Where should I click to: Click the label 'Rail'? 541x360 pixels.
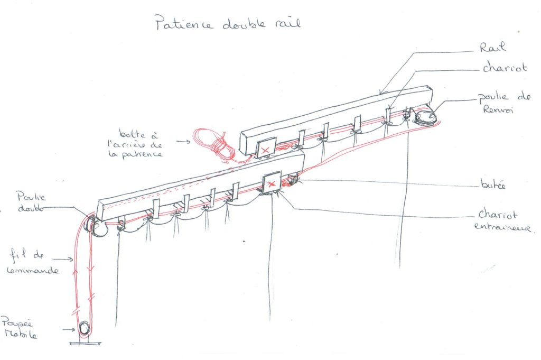point(493,48)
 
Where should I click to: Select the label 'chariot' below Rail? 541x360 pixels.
point(505,69)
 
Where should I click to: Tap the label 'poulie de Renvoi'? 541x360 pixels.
point(502,104)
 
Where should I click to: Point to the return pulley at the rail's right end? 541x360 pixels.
point(426,116)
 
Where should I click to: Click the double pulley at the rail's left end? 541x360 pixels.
point(96,226)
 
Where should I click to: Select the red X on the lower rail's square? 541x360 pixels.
point(272,183)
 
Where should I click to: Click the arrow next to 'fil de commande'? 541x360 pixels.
point(64,259)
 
